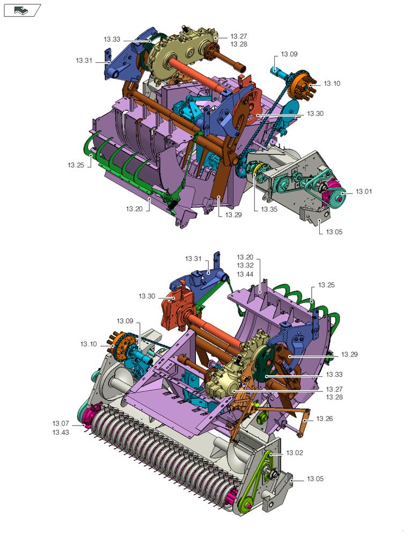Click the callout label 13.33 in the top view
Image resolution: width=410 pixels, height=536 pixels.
pos(112,39)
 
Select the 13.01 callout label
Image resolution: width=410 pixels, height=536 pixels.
pos(364,191)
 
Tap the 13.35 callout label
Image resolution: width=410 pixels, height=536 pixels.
pos(269,209)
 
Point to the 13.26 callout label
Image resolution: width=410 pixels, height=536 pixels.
pos(325,419)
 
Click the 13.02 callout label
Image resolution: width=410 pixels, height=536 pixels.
pos(295,452)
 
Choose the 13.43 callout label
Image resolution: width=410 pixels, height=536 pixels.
pos(61,433)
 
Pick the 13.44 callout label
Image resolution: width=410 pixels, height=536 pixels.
pos(245,274)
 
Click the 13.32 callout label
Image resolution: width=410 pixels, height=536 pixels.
pos(245,265)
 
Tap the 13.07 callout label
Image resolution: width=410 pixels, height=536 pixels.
pos(61,423)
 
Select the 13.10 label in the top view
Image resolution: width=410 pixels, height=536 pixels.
pos(332,84)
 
